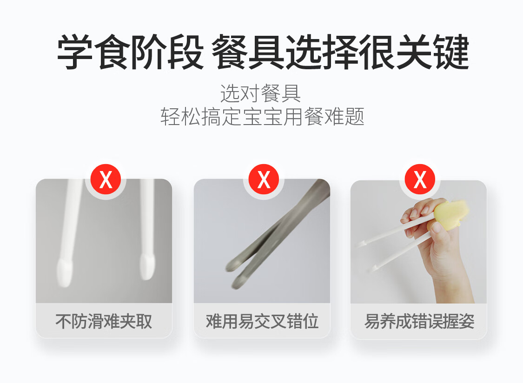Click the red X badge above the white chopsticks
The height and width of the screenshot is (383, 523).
pos(106,179)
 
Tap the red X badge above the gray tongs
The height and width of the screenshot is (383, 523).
pos(264,179)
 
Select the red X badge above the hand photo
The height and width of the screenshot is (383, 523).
pos(420,179)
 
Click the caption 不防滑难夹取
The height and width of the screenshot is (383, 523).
pos(104,322)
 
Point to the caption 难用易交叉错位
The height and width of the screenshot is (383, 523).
pos(262,322)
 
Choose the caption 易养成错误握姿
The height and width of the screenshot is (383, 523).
pos(419,322)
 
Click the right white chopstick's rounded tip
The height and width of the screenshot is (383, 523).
pos(147,266)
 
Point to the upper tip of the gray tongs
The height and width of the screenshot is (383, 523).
pos(232,265)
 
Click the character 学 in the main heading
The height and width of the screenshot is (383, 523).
pos(75,53)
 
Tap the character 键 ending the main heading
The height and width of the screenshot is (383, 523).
pos(451,53)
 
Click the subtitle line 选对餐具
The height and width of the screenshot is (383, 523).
pos(260,93)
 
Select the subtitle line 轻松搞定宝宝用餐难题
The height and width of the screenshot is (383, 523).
pos(262,117)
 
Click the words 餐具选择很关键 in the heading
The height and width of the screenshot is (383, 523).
pos(341,53)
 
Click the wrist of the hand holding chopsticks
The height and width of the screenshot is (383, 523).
pos(454,290)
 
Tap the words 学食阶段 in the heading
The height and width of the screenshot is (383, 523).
pos(131,53)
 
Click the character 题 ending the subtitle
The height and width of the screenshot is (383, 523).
pos(354,117)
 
